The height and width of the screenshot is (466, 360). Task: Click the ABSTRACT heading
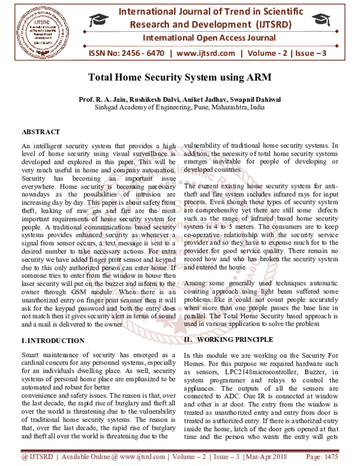41,132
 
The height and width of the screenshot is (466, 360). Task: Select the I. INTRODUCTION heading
53,340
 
